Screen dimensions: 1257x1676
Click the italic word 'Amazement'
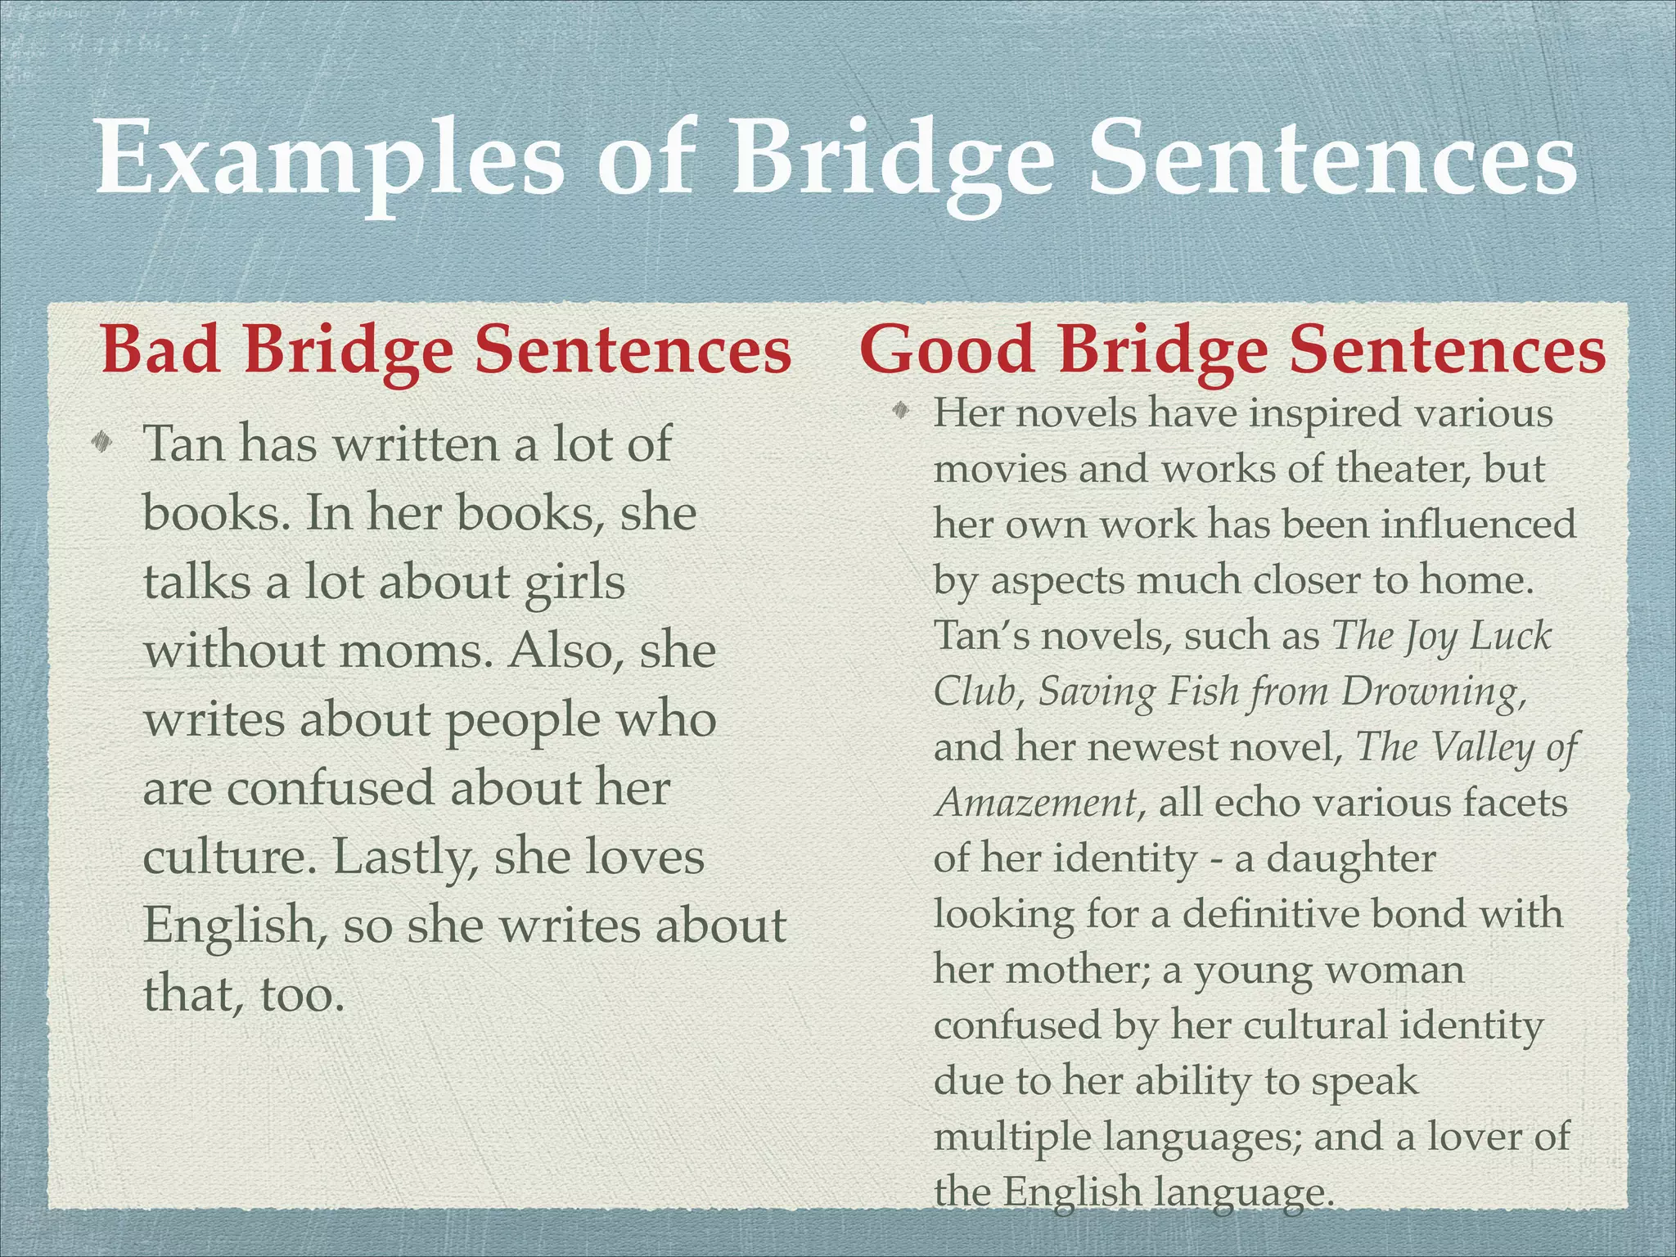tap(1036, 803)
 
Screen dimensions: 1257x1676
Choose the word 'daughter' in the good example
tap(1351, 858)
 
